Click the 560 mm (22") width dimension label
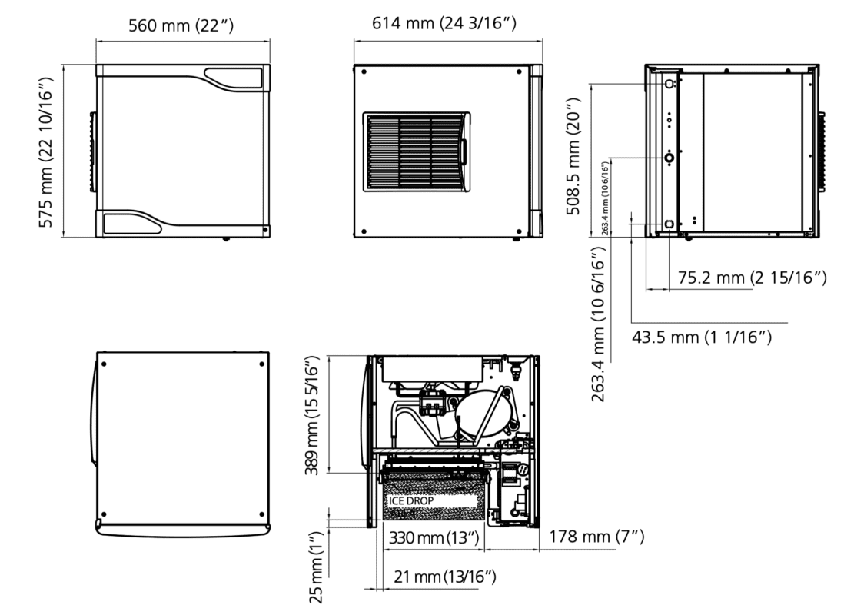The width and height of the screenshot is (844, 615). click(x=181, y=25)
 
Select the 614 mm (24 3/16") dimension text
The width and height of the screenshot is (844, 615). click(x=444, y=23)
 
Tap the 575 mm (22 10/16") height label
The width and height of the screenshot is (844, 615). click(x=46, y=152)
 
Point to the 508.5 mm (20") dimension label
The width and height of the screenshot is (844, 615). click(x=573, y=156)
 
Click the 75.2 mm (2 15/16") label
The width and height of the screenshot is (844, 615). click(x=752, y=278)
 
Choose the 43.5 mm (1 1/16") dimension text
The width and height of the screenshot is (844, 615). click(x=701, y=337)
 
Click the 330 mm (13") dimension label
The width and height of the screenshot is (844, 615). click(x=434, y=537)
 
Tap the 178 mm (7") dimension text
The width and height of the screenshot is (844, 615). click(x=596, y=537)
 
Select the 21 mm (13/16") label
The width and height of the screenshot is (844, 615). click(x=444, y=577)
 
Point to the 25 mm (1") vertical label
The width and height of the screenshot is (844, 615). click(x=316, y=567)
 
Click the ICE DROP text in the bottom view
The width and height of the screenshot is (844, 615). click(x=411, y=500)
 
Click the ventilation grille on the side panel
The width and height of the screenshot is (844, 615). click(x=417, y=152)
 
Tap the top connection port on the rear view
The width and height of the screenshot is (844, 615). click(x=670, y=84)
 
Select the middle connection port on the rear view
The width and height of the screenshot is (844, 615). click(x=670, y=158)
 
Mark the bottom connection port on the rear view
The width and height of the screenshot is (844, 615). click(x=670, y=224)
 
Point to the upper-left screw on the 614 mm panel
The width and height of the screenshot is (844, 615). click(x=364, y=71)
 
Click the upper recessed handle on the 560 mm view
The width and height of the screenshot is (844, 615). click(x=233, y=78)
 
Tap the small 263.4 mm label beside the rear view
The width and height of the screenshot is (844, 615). click(x=605, y=198)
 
